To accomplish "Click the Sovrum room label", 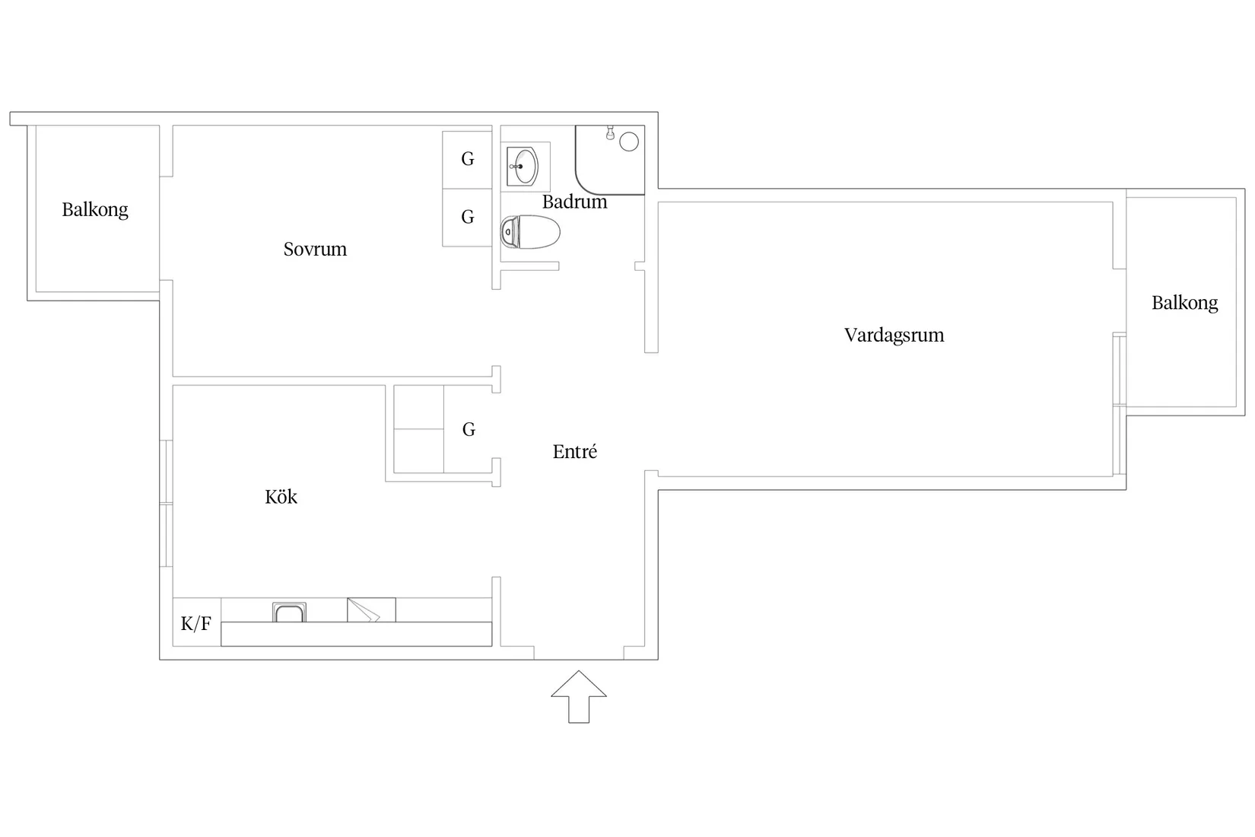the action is (315, 249).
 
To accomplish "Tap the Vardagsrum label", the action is (894, 336).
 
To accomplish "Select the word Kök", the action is (281, 497).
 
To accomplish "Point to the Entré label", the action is (575, 451).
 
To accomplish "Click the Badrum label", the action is (574, 202).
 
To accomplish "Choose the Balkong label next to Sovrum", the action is (94, 210).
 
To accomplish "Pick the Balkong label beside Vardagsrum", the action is (1184, 304).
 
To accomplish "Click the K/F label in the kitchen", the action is (196, 623).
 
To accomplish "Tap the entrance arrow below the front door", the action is (579, 697).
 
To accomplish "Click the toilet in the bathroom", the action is (530, 232).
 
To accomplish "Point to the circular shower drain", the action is (628, 142).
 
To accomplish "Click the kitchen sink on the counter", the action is (289, 613).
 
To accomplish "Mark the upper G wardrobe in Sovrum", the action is (467, 160).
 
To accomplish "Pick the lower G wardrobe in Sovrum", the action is (467, 218).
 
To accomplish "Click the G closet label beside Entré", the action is (469, 429).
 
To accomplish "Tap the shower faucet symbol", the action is (610, 132).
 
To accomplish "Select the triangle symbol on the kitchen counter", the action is (364, 610).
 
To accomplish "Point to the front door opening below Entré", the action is (579, 659).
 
